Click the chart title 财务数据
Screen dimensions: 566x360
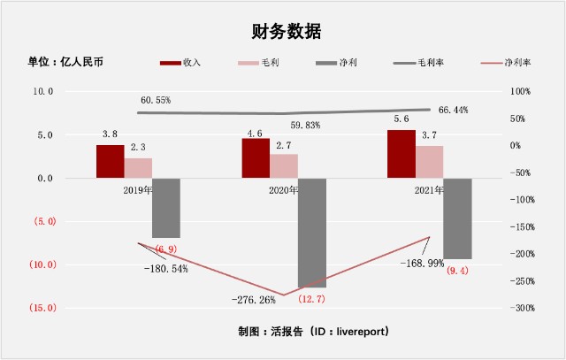(287, 32)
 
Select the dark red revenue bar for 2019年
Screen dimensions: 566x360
(110, 161)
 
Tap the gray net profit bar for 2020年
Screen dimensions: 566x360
(312, 233)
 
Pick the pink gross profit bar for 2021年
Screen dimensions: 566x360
(430, 162)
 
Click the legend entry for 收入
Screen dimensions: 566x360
(180, 63)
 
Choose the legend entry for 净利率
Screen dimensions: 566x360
(506, 63)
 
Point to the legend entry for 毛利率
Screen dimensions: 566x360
(418, 63)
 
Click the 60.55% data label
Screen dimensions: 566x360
(156, 100)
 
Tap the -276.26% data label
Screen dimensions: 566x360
(254, 300)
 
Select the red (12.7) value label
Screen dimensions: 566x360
(311, 299)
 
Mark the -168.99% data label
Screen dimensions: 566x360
(423, 264)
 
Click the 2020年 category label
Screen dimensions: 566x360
(283, 190)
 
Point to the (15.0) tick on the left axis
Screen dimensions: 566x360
(43, 308)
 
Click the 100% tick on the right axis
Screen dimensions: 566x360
(520, 92)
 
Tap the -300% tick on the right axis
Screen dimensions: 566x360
(523, 309)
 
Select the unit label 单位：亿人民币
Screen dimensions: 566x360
(65, 62)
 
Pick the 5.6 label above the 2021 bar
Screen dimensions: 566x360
(402, 119)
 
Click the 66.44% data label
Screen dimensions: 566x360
(453, 110)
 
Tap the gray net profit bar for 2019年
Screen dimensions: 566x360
(166, 208)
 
